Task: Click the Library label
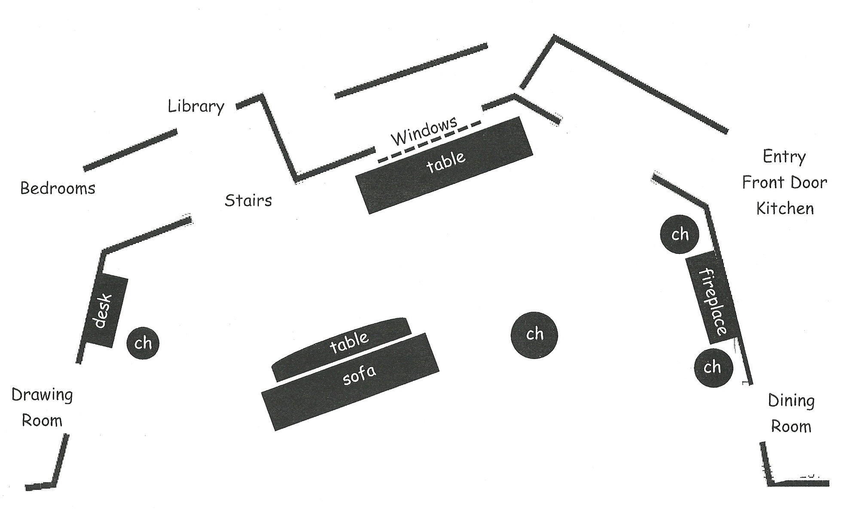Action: pos(196,106)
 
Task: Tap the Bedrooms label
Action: pos(58,188)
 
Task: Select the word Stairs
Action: pos(248,200)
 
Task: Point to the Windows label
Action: pos(424,131)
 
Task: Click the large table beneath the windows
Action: pos(445,165)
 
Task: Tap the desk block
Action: pos(105,311)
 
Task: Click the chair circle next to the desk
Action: pos(143,343)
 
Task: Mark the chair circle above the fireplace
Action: pos(680,234)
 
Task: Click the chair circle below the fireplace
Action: pos(713,368)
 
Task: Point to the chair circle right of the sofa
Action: pos(534,335)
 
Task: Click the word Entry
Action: pos(784,156)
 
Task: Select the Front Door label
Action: pos(784,183)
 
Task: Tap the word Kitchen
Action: pos(785,208)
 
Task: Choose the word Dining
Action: pos(791,401)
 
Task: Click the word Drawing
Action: pos(42,395)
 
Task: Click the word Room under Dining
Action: pos(791,427)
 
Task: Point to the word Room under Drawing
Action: pos(42,420)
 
